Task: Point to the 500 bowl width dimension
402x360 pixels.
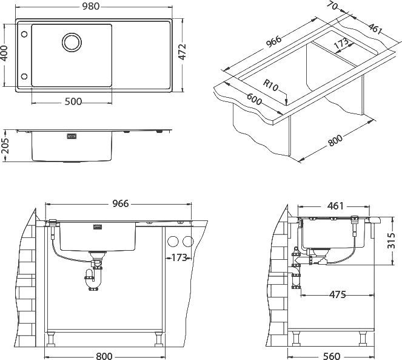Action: point(73,101)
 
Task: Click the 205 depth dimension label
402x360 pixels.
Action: point(5,145)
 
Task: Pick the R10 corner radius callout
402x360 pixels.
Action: point(271,86)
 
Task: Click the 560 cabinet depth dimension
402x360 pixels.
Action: point(331,355)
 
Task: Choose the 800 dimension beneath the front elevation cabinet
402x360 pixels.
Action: point(104,355)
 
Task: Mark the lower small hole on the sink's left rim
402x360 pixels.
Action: point(24,76)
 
